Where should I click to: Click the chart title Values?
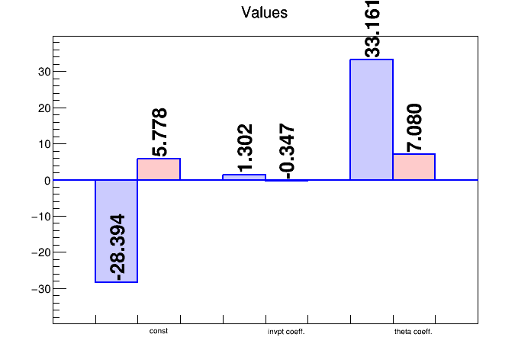click(x=264, y=13)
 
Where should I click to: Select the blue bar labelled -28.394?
click(x=116, y=231)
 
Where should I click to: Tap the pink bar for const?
click(x=159, y=169)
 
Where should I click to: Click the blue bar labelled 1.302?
click(x=244, y=177)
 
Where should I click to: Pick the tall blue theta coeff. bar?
click(x=371, y=120)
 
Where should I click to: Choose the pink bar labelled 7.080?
click(x=414, y=167)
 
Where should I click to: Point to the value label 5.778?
click(x=159, y=132)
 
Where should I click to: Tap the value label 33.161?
click(x=372, y=29)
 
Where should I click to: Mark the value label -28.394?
click(x=117, y=247)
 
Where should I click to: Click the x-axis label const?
click(x=159, y=331)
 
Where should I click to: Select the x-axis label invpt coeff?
click(x=287, y=332)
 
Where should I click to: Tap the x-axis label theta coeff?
click(x=414, y=332)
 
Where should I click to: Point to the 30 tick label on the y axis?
click(x=41, y=72)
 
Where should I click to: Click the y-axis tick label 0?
click(x=47, y=181)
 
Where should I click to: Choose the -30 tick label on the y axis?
click(x=39, y=289)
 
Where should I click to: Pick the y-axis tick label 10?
click(x=41, y=144)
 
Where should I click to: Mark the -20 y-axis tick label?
click(x=39, y=253)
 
